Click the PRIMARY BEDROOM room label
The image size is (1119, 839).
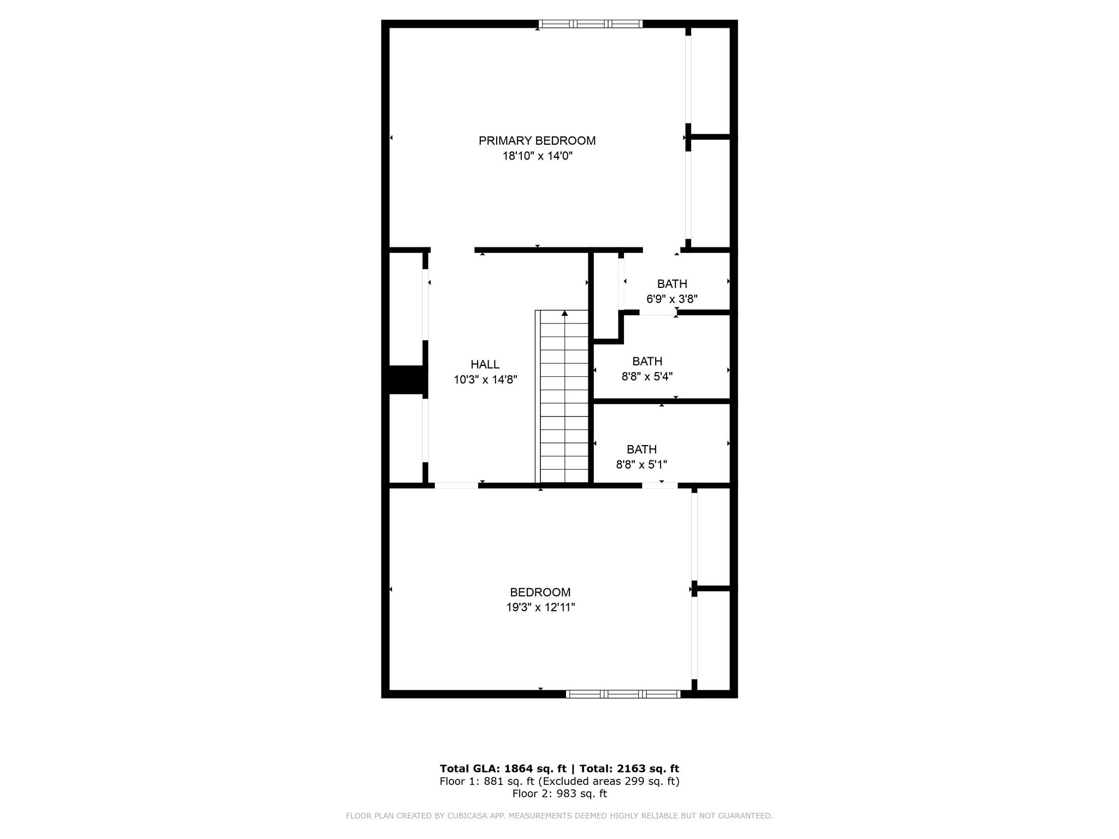click(537, 140)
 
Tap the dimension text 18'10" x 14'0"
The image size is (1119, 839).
click(537, 156)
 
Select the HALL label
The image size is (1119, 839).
click(485, 364)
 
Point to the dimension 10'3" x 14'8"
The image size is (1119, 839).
click(485, 380)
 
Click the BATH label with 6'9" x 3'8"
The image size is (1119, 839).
click(672, 284)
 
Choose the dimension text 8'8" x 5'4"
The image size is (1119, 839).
click(646, 376)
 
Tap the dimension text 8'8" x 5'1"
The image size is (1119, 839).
click(641, 465)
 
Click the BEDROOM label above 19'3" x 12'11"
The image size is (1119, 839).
click(540, 592)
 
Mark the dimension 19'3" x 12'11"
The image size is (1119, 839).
click(540, 607)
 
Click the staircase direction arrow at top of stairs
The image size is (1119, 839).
click(564, 314)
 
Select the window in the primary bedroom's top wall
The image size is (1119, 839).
click(590, 23)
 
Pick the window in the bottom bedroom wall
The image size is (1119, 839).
click(623, 694)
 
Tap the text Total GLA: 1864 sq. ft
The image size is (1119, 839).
click(503, 769)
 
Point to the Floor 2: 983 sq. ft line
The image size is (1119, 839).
click(559, 794)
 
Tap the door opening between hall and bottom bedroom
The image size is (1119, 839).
click(456, 485)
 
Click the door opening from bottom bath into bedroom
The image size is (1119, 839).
click(659, 485)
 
